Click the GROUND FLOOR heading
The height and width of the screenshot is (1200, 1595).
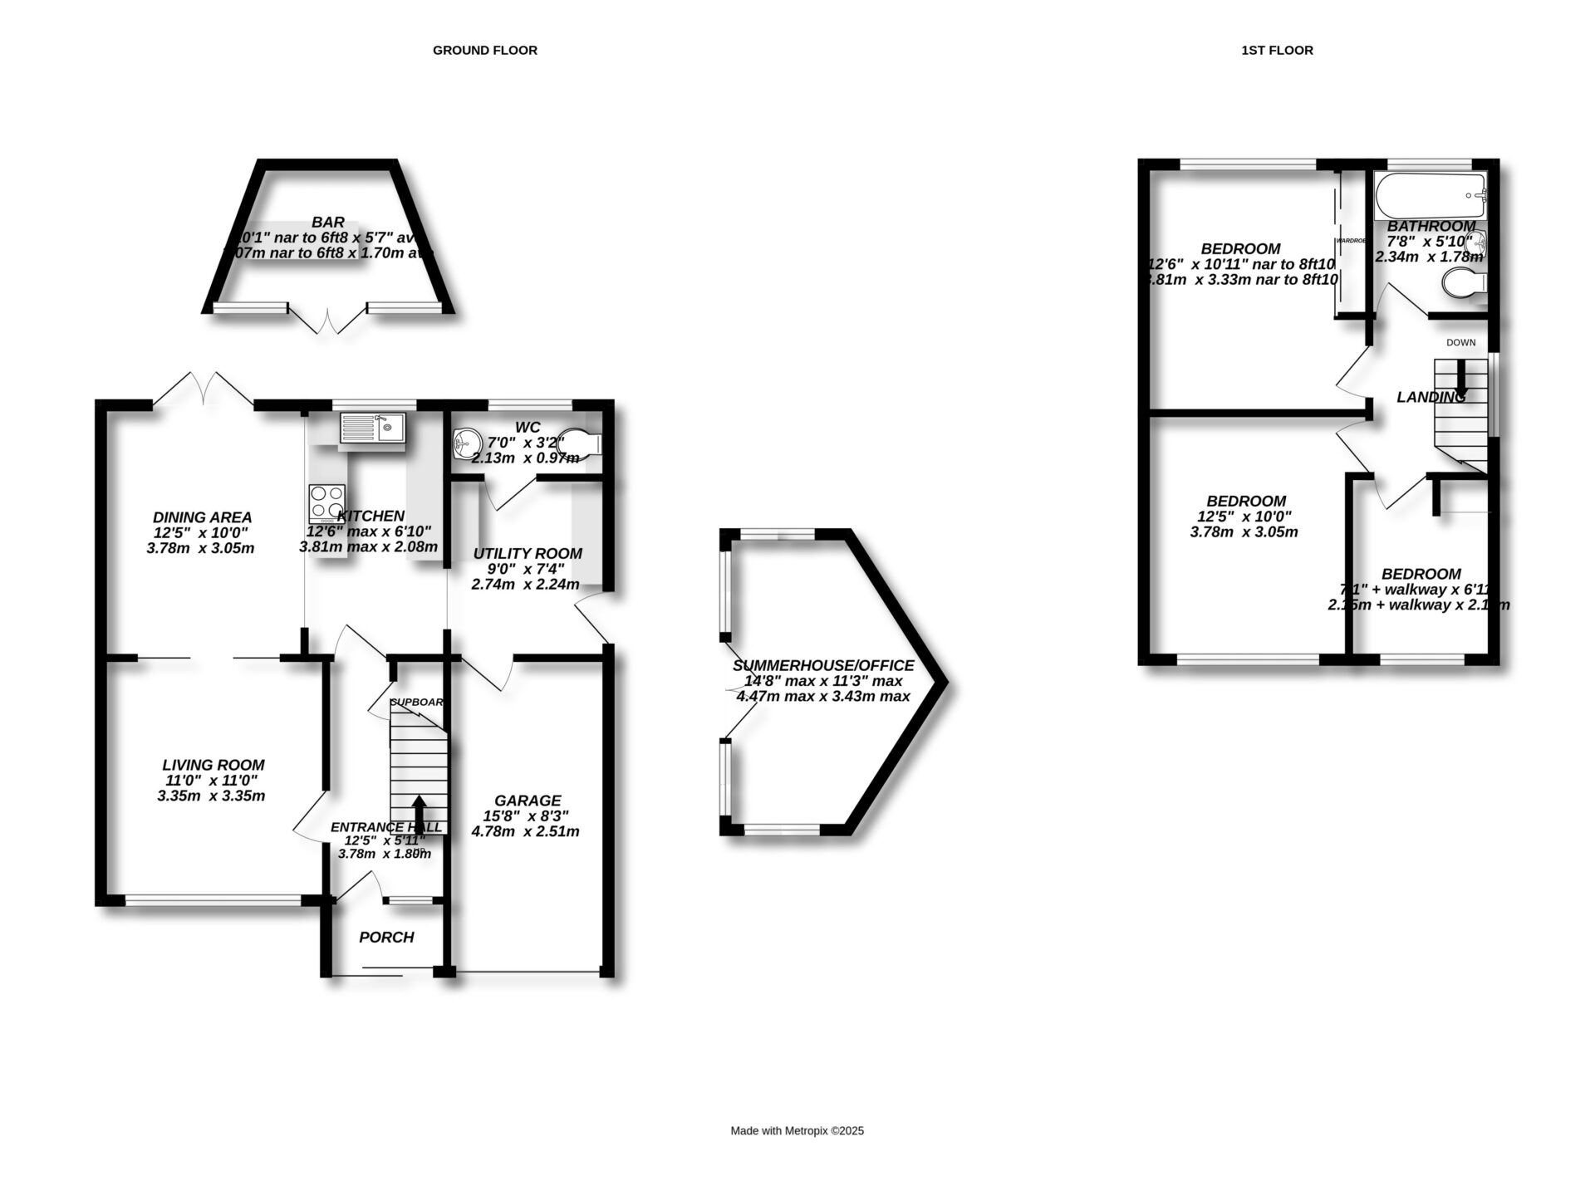click(x=484, y=51)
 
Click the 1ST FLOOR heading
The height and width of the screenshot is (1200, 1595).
click(x=1277, y=51)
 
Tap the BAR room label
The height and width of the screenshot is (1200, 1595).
click(x=328, y=223)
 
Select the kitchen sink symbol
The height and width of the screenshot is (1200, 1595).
click(x=371, y=429)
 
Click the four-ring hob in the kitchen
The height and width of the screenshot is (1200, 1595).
click(x=326, y=502)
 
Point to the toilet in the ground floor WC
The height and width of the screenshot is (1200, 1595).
click(x=582, y=443)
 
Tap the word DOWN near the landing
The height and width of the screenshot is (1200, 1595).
click(x=1460, y=342)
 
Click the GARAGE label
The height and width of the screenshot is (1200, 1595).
click(x=528, y=801)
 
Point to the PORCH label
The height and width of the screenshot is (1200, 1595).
click(x=386, y=938)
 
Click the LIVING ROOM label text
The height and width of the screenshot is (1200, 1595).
click(x=213, y=765)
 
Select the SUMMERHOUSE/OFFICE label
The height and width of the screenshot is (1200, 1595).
click(x=822, y=666)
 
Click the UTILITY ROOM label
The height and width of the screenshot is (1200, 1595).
click(x=528, y=553)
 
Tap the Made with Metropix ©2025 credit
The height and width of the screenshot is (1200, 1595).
click(x=797, y=1131)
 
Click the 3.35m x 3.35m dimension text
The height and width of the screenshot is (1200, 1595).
click(x=211, y=796)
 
